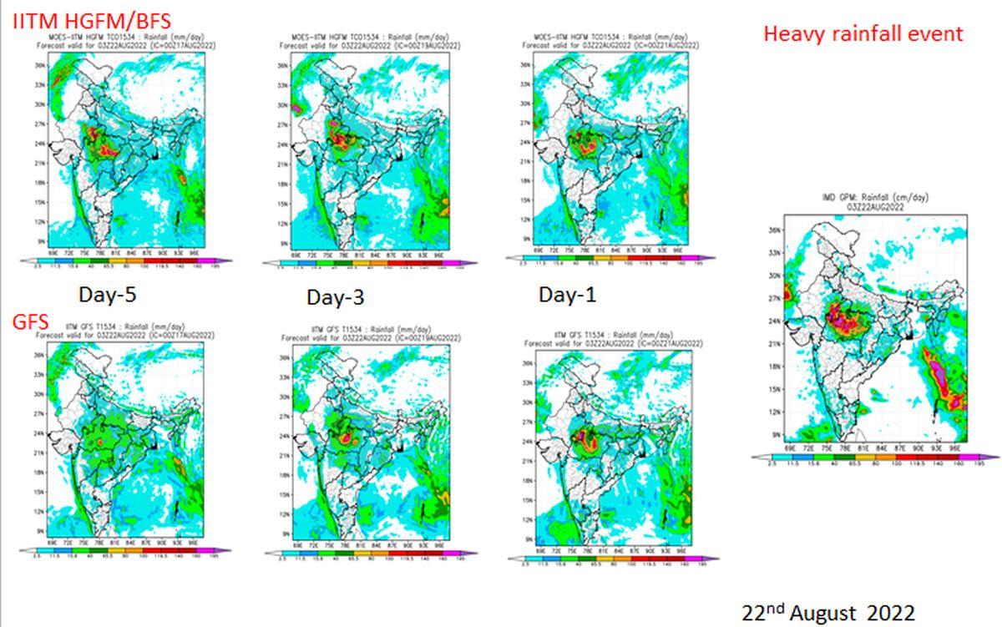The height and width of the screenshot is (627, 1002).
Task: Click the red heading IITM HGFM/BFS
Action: coord(92,21)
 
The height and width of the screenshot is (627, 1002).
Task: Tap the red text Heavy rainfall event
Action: coord(863,34)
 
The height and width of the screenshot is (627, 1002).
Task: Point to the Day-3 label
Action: coord(336,297)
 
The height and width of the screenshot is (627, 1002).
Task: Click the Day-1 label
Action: coord(568,295)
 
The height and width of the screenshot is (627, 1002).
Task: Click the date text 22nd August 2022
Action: coord(828,612)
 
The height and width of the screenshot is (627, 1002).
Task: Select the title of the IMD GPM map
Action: coord(874,201)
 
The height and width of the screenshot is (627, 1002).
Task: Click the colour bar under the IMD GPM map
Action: coord(874,457)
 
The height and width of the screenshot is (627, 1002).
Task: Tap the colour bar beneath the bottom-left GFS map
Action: coord(125,552)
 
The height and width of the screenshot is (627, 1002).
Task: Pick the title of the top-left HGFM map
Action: coord(132,42)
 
